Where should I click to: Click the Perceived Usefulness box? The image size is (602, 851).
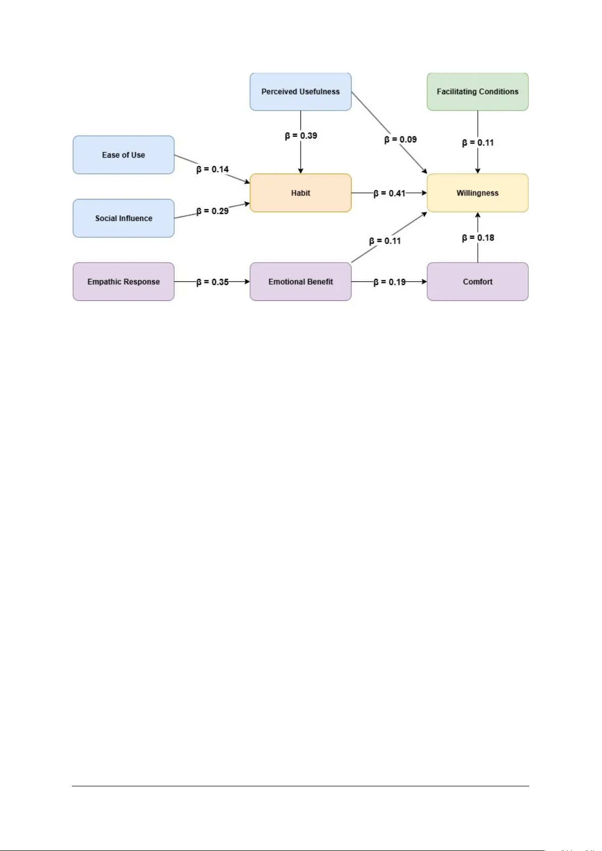point(300,91)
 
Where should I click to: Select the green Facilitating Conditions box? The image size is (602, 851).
point(477,91)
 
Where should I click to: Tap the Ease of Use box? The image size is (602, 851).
point(123,155)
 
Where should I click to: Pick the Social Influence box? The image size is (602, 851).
point(123,218)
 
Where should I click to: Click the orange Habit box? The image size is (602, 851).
point(300,193)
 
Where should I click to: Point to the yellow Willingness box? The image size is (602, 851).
point(477,193)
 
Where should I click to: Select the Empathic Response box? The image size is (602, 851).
point(123,282)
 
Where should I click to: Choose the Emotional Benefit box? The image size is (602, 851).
point(300,282)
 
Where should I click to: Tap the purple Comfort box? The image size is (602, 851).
point(477,282)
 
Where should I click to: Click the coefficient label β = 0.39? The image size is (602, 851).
point(301,135)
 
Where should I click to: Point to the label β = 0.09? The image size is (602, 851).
point(400,139)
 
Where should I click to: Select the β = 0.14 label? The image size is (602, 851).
point(213,169)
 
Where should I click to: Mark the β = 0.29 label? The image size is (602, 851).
point(213,211)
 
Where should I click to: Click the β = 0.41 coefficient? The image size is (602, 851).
point(389,193)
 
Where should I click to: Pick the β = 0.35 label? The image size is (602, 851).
point(213,282)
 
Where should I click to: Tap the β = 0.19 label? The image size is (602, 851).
point(389,282)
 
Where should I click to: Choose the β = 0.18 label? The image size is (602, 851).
point(478,237)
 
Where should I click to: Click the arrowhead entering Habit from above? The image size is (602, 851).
point(300,171)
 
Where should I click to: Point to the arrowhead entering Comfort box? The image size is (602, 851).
point(424,282)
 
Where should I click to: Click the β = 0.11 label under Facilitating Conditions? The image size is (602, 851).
point(478,142)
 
